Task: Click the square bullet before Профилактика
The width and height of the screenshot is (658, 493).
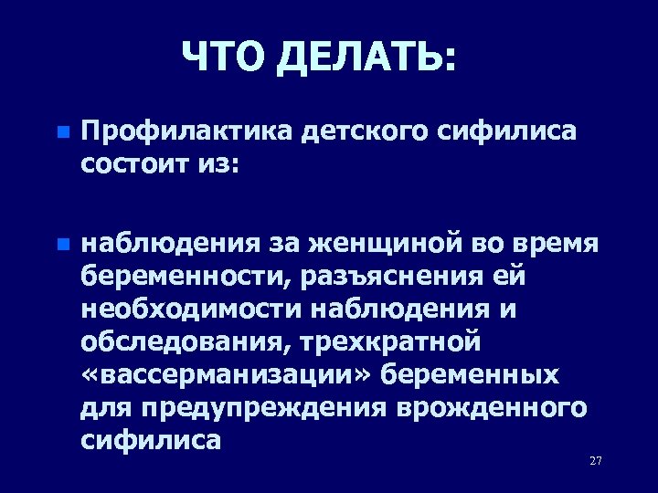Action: click(61, 132)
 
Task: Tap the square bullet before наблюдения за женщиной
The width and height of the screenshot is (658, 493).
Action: click(61, 245)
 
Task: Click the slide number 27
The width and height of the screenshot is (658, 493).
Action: click(596, 460)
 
